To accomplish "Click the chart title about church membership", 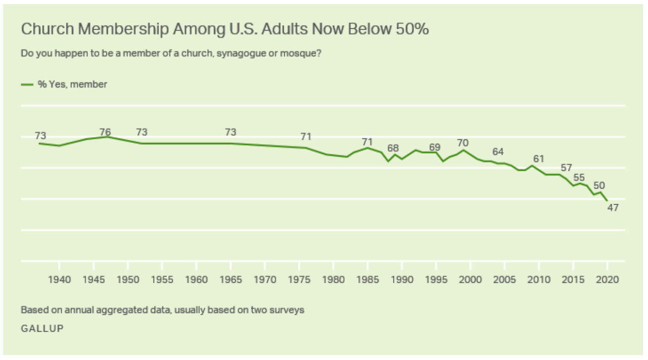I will pos(225,29).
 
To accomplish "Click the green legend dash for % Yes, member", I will pos(27,84).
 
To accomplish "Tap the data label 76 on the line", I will pos(105,132).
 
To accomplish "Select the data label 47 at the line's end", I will pos(612,207).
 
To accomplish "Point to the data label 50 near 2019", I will pos(599,185).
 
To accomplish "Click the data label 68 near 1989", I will pos(393,148).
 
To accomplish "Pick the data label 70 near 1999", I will pos(463,143).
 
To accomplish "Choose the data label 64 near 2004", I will pos(498,152).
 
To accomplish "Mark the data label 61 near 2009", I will pos(539,159).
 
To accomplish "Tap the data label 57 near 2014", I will pos(566,167).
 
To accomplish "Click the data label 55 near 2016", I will pos(579,178).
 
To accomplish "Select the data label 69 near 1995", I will pos(435,147).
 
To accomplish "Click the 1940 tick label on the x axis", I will pos(59,280).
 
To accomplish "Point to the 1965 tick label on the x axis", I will pos(230,280).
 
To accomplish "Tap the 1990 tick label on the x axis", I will pos(402,280).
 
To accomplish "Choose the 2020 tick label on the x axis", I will pos(607,280).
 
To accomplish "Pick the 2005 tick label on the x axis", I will pos(505,280).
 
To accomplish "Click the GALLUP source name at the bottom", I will pos(42,328).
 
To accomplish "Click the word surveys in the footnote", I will pos(290,310).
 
